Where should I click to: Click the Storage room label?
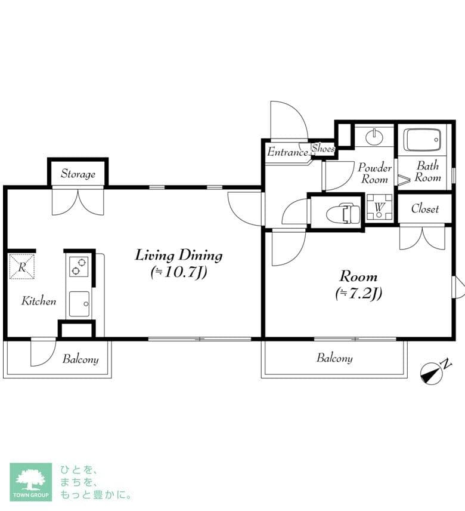click(78, 174)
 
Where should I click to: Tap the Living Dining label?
click(179, 255)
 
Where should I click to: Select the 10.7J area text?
click(179, 272)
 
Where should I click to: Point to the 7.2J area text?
click(359, 293)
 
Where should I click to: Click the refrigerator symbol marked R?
click(22, 267)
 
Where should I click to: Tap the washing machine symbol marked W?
click(379, 207)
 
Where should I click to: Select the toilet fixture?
click(343, 214)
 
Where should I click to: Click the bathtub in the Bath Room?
click(422, 140)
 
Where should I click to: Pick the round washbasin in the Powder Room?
click(375, 137)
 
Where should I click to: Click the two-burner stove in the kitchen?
click(79, 266)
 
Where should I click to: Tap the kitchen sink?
click(79, 304)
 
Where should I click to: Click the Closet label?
click(425, 208)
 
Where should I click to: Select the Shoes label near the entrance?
click(323, 149)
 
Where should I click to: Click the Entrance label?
click(288, 152)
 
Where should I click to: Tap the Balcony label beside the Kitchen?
click(80, 359)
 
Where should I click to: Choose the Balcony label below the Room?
click(334, 358)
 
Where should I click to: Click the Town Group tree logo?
click(31, 482)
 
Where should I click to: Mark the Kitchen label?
click(39, 301)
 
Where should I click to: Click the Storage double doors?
click(78, 202)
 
